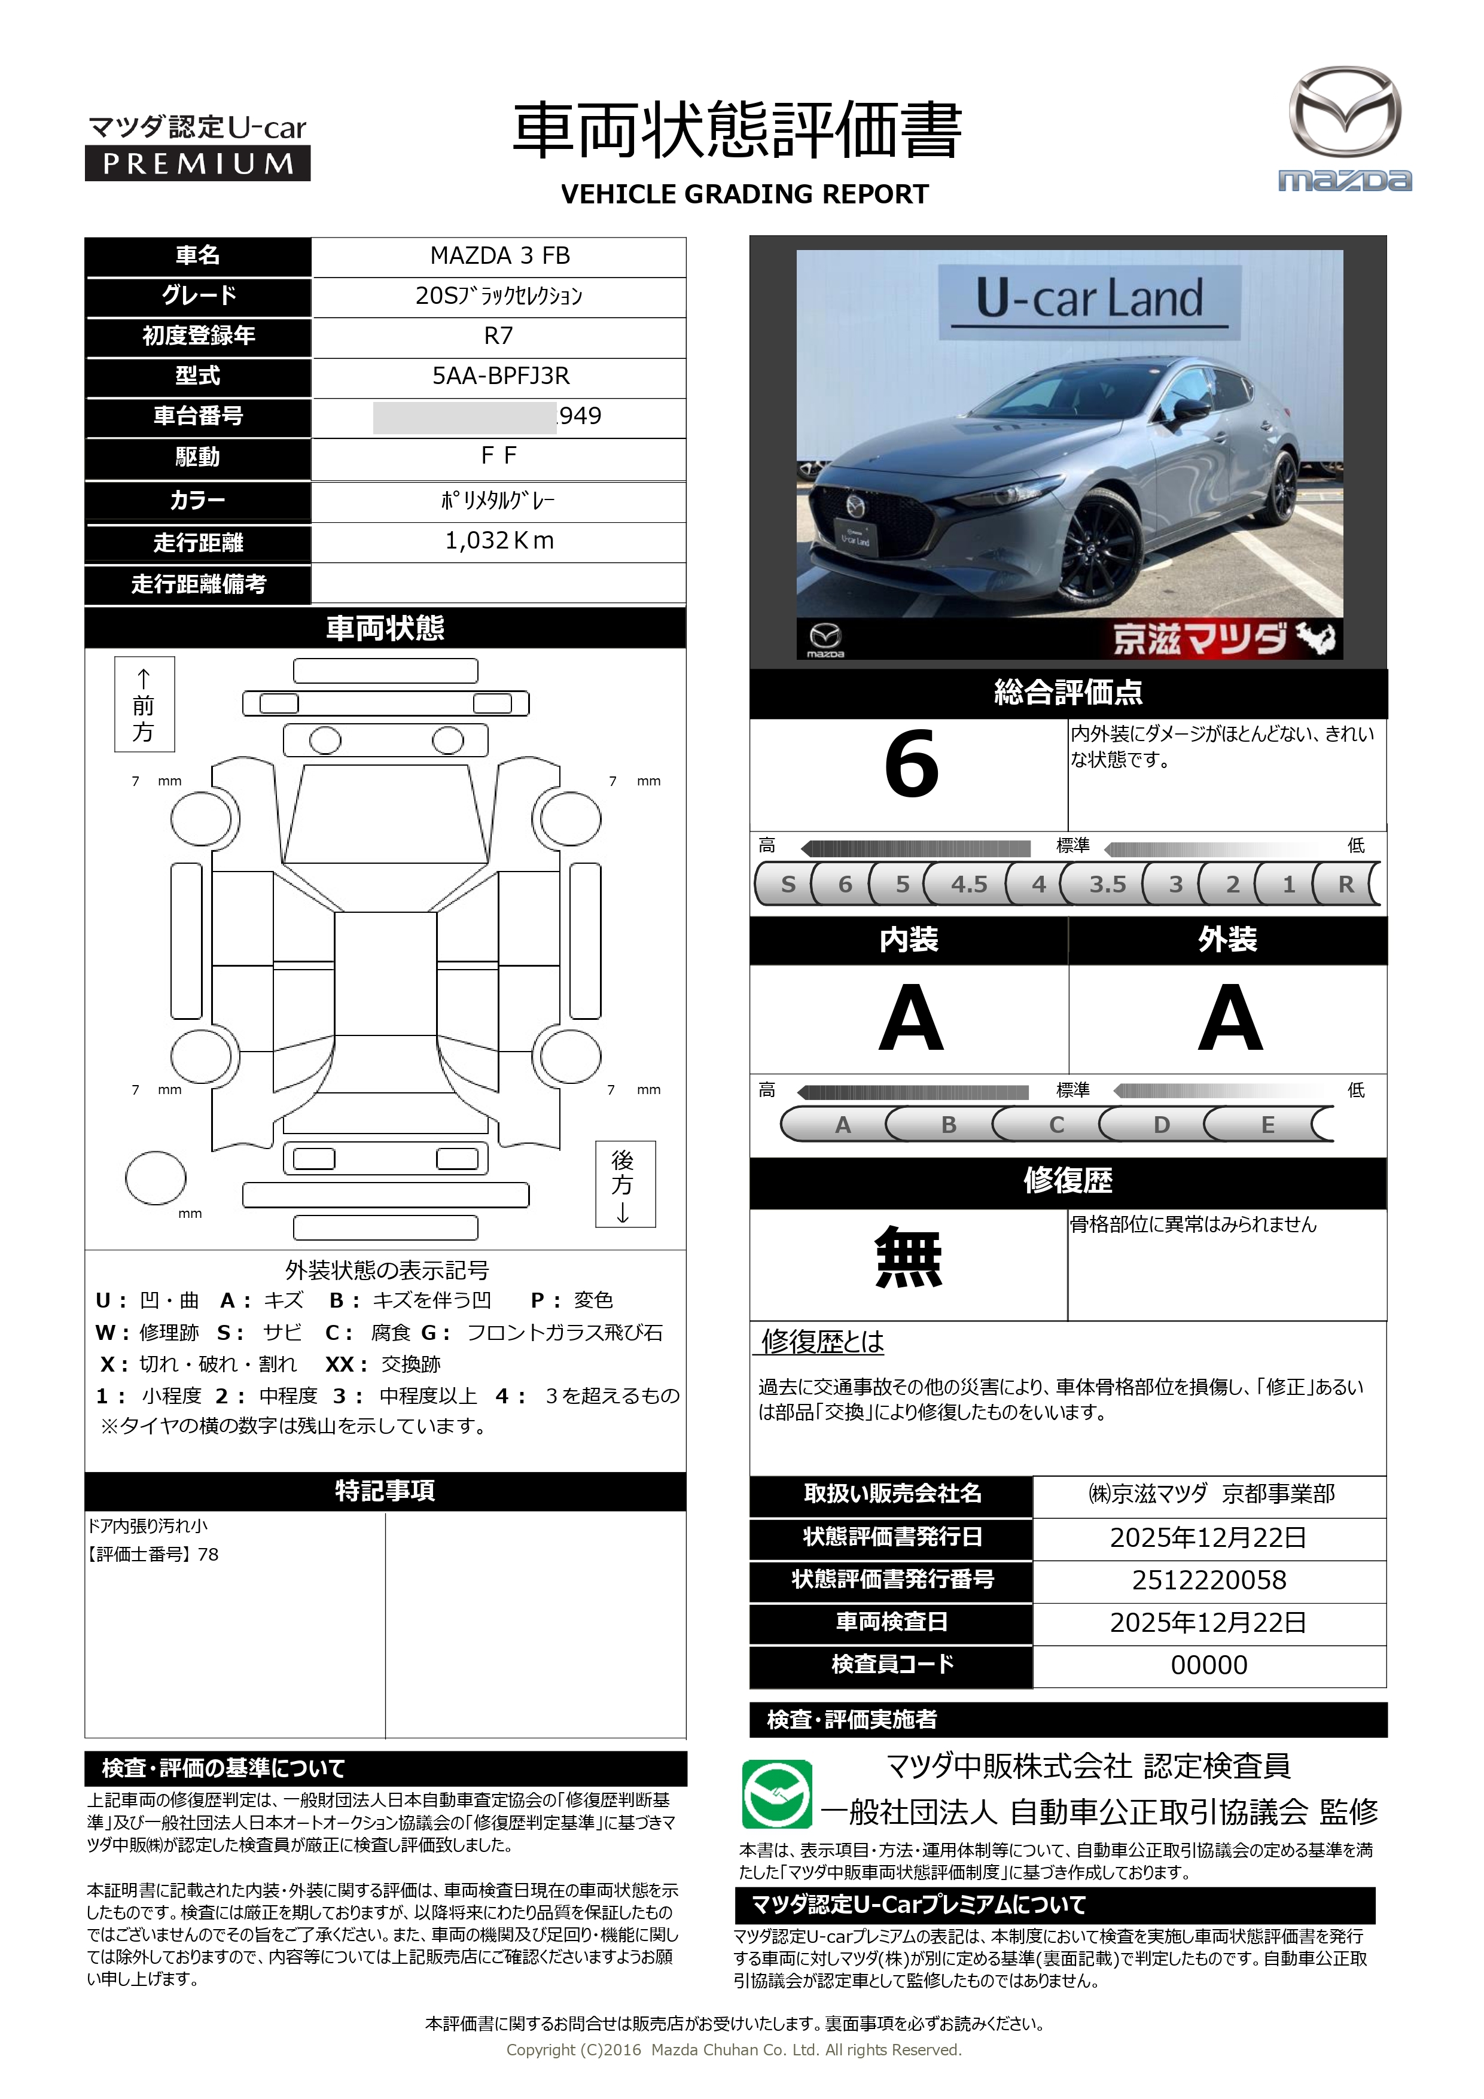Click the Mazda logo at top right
click(x=1343, y=128)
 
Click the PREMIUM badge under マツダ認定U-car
click(x=197, y=164)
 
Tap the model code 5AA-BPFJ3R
click(x=500, y=376)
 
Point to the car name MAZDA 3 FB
click(x=499, y=256)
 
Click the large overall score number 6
click(x=911, y=764)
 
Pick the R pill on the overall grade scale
click(x=1345, y=884)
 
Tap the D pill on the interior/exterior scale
click(x=1161, y=1125)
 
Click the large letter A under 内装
click(x=910, y=1019)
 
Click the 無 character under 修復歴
click(x=908, y=1258)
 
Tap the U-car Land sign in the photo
click(x=1089, y=299)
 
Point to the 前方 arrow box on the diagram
click(x=144, y=704)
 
